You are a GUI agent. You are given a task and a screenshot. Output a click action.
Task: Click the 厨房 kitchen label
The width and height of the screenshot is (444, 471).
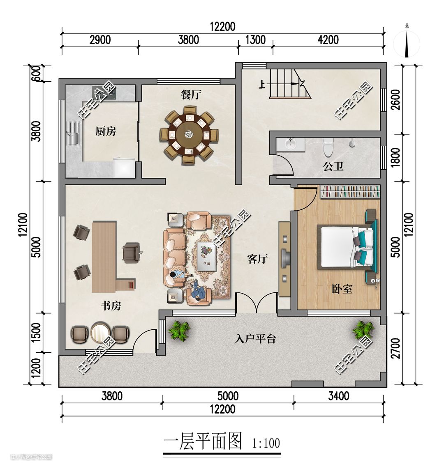click(x=106, y=131)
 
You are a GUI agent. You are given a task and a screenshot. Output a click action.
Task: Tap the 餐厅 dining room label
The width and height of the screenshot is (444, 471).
click(x=191, y=94)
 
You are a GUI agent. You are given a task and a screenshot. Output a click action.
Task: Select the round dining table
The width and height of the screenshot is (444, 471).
click(x=189, y=134)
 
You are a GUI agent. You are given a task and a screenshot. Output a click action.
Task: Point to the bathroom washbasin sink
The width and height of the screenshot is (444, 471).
click(x=291, y=144)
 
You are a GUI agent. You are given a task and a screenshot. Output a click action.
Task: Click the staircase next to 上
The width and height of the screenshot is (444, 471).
click(x=290, y=84)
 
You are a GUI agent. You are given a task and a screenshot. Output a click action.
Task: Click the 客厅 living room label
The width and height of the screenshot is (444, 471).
click(x=257, y=259)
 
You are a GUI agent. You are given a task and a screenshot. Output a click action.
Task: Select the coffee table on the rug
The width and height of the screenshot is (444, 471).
click(x=207, y=257)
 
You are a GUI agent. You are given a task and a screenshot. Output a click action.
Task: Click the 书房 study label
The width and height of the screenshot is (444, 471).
click(x=111, y=306)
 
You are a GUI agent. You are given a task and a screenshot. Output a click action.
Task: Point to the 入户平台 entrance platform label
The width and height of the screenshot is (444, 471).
click(x=255, y=339)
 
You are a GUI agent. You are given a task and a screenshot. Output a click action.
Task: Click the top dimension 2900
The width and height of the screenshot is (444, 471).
click(x=100, y=40)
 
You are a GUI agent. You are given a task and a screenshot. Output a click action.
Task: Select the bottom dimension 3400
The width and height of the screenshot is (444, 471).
click(x=338, y=396)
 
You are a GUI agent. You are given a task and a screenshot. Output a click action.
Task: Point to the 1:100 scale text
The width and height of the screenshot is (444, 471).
click(x=266, y=443)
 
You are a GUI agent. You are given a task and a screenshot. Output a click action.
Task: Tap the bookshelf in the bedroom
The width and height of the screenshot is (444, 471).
click(x=349, y=192)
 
